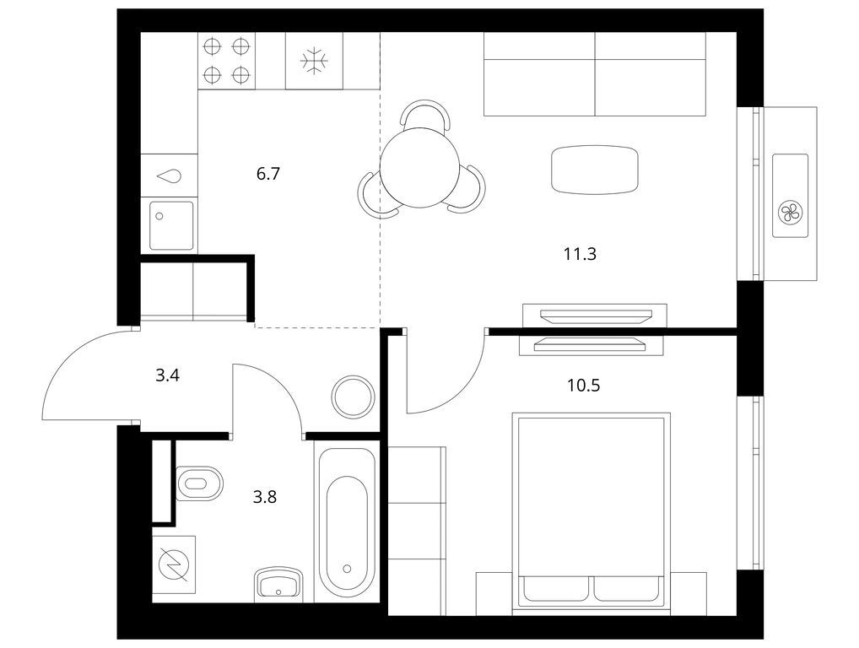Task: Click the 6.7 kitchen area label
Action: click(267, 174)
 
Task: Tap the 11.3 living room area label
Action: click(580, 254)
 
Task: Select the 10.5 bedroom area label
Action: click(583, 386)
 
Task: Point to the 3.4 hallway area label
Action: click(168, 375)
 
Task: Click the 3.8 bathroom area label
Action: click(265, 497)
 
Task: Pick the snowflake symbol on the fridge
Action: click(315, 60)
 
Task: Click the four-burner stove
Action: click(226, 60)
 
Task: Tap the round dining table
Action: click(419, 167)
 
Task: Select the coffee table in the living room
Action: click(595, 170)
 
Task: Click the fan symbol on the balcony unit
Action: click(790, 212)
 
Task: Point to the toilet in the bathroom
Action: click(200, 483)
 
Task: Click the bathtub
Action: click(347, 524)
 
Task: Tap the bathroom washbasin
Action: click(278, 584)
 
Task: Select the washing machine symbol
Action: click(174, 564)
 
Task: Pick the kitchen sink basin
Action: click(171, 225)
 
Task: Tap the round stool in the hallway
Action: click(354, 397)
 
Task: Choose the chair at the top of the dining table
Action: click(425, 114)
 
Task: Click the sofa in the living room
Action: click(594, 74)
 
